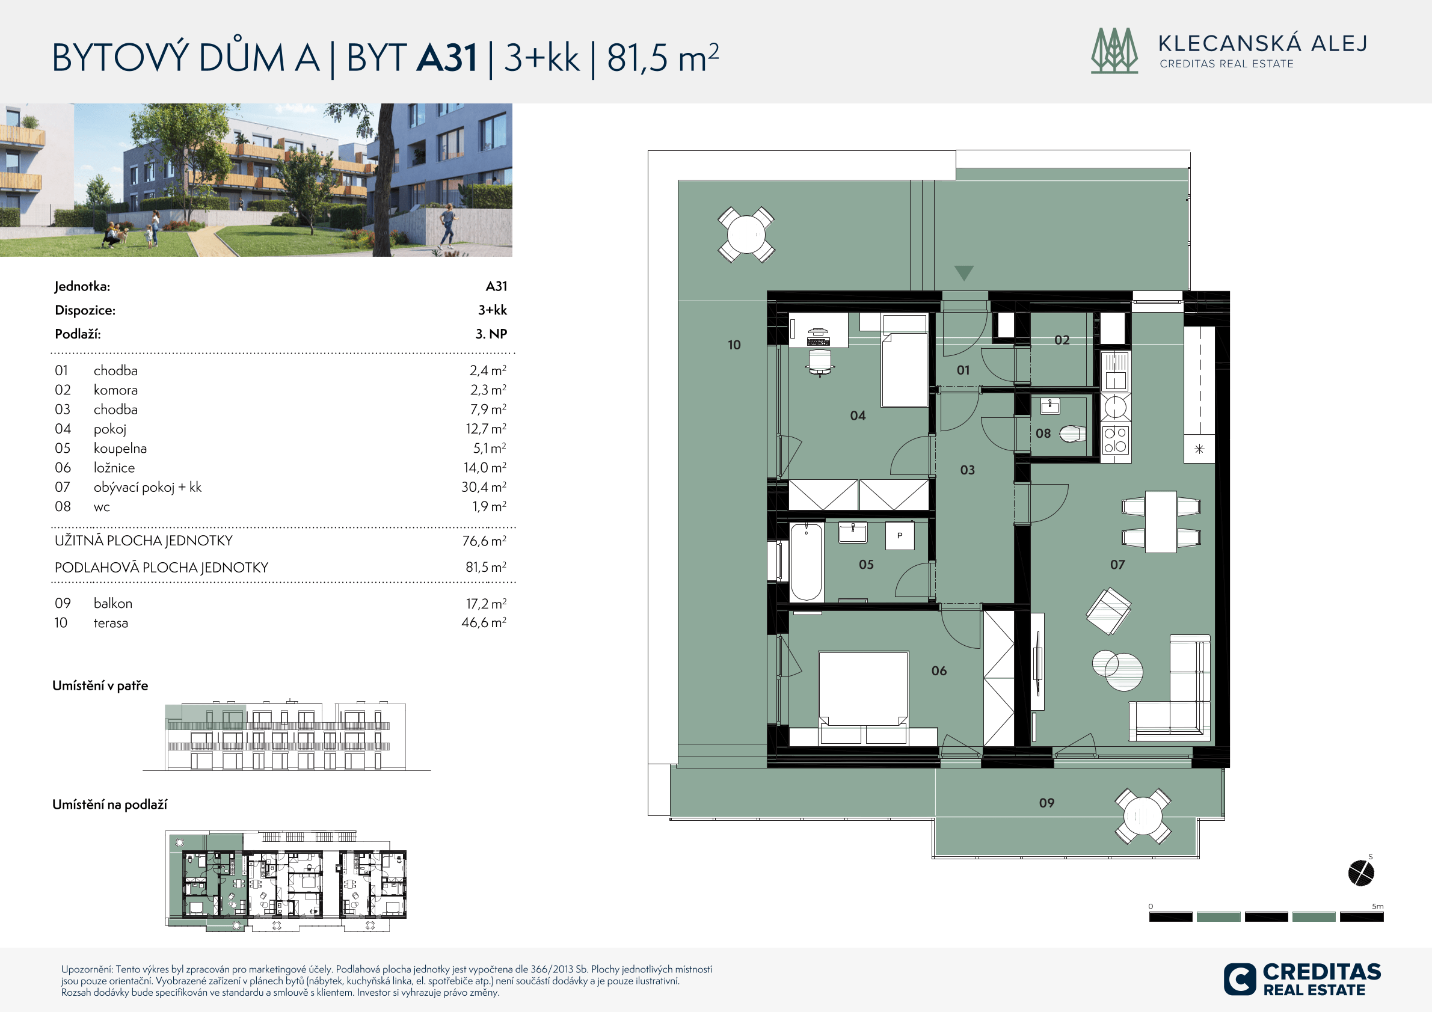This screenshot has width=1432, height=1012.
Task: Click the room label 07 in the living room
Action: [x=1117, y=565]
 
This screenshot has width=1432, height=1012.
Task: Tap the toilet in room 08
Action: [x=1073, y=434]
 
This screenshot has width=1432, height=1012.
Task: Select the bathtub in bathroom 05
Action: [x=806, y=562]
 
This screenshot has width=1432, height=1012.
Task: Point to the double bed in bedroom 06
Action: [x=863, y=698]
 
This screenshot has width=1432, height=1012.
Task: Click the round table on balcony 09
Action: [x=1143, y=816]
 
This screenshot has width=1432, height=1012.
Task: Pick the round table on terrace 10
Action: [x=746, y=235]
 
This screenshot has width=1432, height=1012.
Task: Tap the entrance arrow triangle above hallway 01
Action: [x=963, y=273]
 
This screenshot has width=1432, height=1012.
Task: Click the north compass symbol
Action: [x=1361, y=872]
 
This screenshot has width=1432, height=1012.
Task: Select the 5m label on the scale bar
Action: [x=1377, y=906]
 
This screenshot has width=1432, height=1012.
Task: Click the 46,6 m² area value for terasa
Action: [x=484, y=622]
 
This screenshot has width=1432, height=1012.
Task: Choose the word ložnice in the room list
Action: [x=114, y=468]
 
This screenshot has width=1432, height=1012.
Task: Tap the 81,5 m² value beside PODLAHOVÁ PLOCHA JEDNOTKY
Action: [x=486, y=567]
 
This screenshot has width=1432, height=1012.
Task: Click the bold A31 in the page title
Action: [x=447, y=57]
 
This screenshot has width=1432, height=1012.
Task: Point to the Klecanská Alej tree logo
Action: [x=1114, y=51]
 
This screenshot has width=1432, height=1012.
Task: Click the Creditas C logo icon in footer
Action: [x=1240, y=979]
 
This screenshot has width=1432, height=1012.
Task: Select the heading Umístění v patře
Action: [x=100, y=686]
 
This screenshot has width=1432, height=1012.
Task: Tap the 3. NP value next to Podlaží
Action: [x=491, y=334]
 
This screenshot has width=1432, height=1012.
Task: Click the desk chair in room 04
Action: [x=820, y=362]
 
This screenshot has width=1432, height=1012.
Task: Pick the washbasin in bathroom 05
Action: [x=853, y=533]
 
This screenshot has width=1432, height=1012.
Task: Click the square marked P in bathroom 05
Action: [x=899, y=536]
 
